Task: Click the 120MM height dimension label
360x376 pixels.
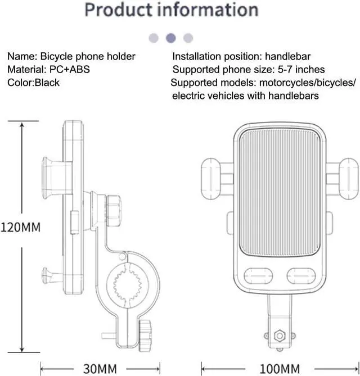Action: (21, 228)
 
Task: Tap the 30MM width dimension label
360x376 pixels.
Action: (100, 369)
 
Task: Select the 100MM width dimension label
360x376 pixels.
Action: (279, 369)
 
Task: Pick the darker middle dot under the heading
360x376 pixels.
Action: (171, 38)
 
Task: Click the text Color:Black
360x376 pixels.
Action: (33, 83)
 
